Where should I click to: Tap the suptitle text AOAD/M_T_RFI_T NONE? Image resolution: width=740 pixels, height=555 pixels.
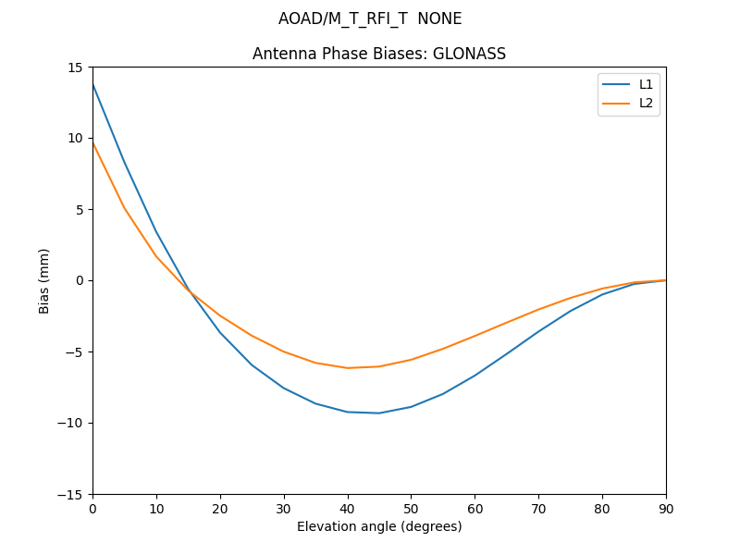pos(370,18)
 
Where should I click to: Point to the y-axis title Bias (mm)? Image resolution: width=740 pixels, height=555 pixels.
pos(44,280)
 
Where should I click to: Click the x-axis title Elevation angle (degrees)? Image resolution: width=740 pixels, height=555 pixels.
pos(379,526)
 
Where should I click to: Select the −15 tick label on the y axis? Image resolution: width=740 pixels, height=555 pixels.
pos(73,494)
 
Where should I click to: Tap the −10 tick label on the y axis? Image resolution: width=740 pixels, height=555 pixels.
pos(73,423)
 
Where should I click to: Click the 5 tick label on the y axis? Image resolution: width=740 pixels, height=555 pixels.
pos(80,209)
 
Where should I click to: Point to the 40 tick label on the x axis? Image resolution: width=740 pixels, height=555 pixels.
pos(348,508)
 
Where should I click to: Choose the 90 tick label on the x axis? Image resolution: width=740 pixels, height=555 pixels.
pos(666,508)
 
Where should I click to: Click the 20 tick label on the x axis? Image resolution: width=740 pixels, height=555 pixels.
pos(220,508)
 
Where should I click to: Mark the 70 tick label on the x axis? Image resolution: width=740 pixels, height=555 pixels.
pos(538,508)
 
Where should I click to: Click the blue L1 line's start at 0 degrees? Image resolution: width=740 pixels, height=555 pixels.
pos(92,84)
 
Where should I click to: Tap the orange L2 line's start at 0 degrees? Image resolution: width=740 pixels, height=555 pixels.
pos(92,142)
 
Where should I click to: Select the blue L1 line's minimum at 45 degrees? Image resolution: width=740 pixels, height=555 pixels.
pos(379,413)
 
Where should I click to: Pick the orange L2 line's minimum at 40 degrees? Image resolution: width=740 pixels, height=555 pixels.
pos(348,368)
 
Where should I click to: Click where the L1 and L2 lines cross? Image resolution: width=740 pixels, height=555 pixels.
pos(191,291)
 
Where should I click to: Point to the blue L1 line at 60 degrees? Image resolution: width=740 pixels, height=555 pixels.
pos(475,376)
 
